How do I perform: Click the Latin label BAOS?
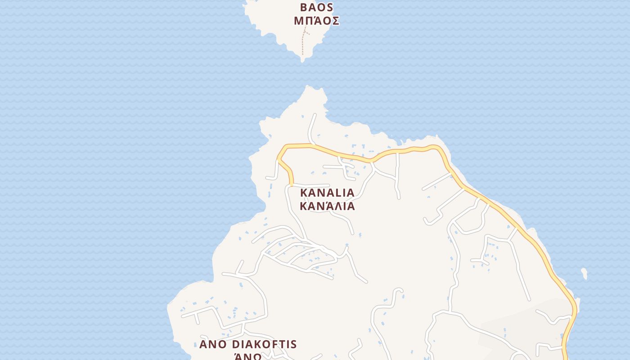point(316,8)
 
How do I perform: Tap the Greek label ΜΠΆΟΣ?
point(316,21)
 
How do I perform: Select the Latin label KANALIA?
point(327,193)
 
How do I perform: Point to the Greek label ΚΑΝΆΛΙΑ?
point(327,206)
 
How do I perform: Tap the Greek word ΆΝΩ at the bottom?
point(248,356)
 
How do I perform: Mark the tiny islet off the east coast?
point(584,273)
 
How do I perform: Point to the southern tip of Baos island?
point(303,60)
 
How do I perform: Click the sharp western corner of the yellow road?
point(279,158)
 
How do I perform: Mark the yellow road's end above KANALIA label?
point(292,183)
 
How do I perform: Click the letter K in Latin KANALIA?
point(303,193)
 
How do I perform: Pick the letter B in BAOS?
point(304,8)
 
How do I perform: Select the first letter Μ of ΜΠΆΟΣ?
point(298,21)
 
